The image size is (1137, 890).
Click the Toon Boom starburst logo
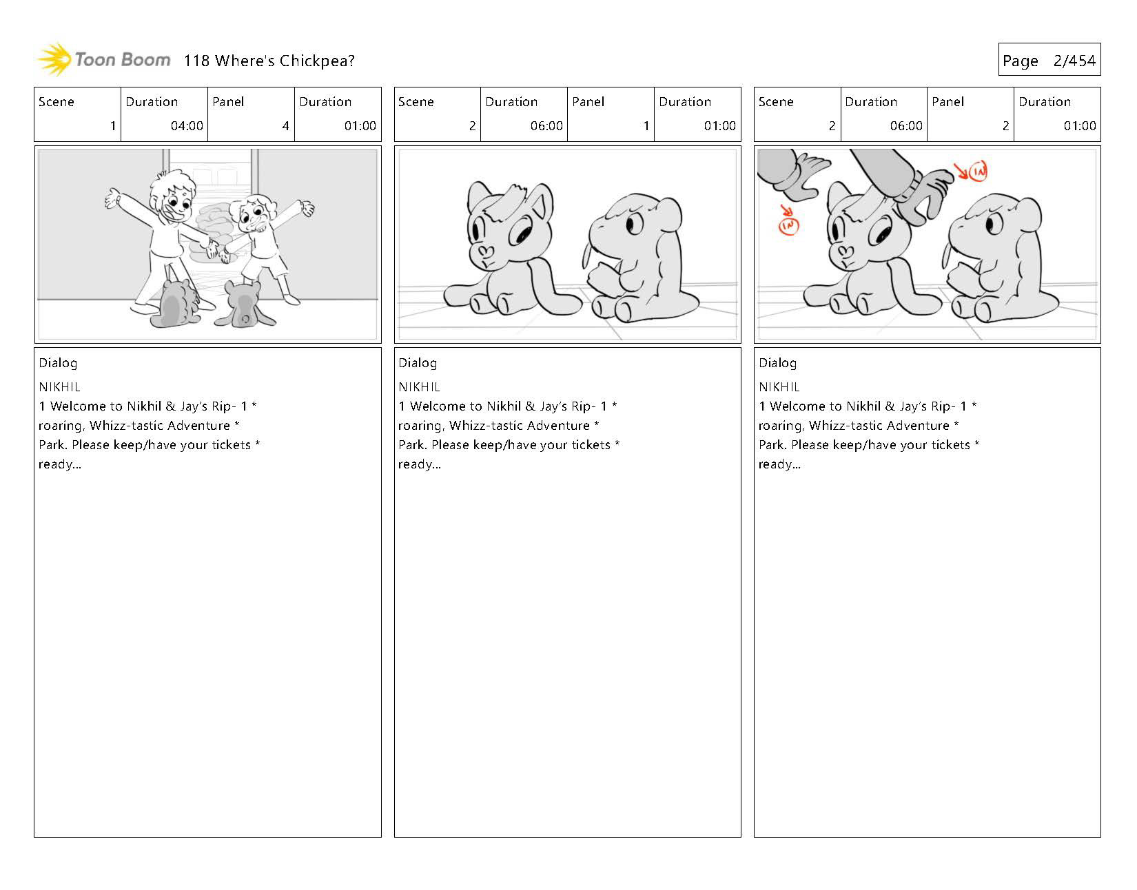coord(54,59)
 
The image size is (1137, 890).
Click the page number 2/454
coord(1074,61)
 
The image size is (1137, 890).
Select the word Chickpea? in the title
coord(317,61)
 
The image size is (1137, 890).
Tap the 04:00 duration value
coord(187,125)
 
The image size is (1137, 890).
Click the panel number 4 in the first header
coord(286,125)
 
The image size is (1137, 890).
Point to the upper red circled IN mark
coord(977,172)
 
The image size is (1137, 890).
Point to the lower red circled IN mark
coord(788,225)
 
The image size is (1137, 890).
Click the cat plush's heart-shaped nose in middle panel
coord(485,251)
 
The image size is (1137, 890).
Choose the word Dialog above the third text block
coord(777,364)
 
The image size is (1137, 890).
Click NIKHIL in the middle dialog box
coord(419,387)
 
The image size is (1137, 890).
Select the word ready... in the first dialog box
coord(60,464)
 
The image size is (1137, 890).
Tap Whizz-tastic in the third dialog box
coord(853,426)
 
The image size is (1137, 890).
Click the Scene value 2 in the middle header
coord(472,125)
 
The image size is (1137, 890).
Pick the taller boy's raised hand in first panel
coord(112,198)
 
